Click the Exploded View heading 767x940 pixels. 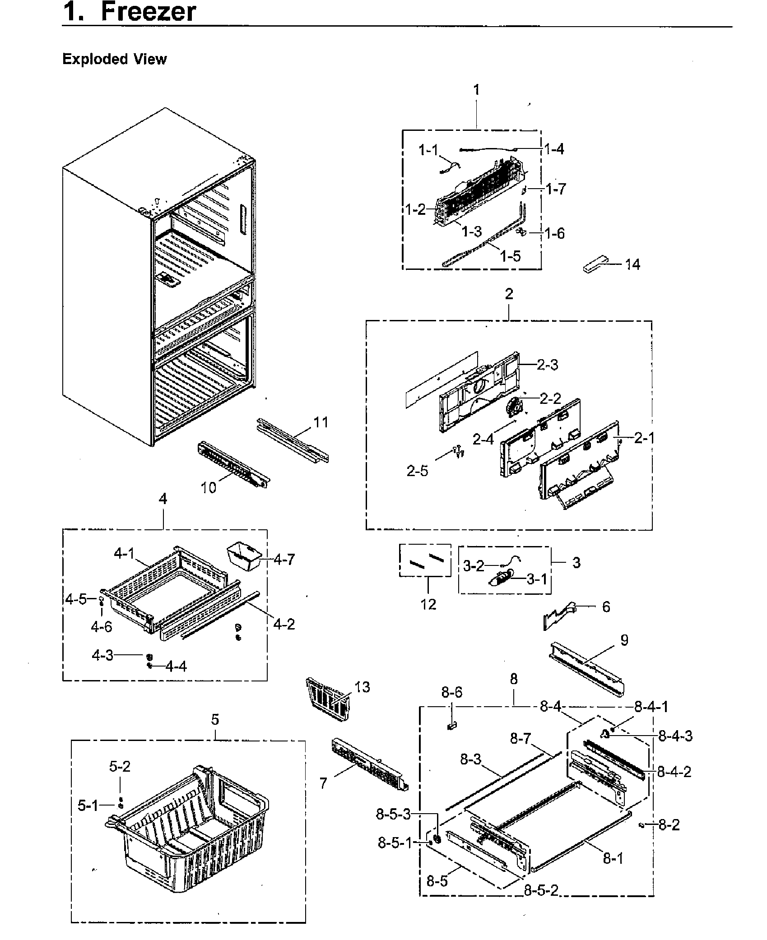(x=114, y=59)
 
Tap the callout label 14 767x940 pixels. (x=632, y=264)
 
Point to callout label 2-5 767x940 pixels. (x=417, y=471)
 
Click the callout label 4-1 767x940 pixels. (x=124, y=554)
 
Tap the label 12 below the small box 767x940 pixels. (x=428, y=604)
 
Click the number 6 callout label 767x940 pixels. (x=606, y=607)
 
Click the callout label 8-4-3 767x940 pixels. (x=675, y=736)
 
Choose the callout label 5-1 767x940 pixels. (x=88, y=805)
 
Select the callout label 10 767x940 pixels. (x=208, y=488)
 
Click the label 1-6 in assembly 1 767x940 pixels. (x=554, y=233)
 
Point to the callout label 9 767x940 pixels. (x=624, y=640)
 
